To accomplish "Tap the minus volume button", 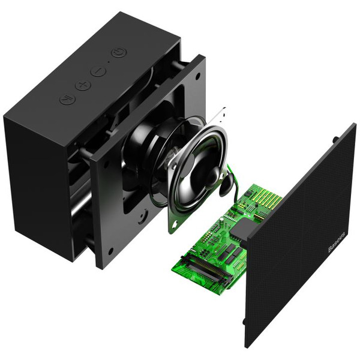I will point(98,72).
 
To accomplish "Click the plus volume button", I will point(83,86).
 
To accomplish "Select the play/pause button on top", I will point(67,99).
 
